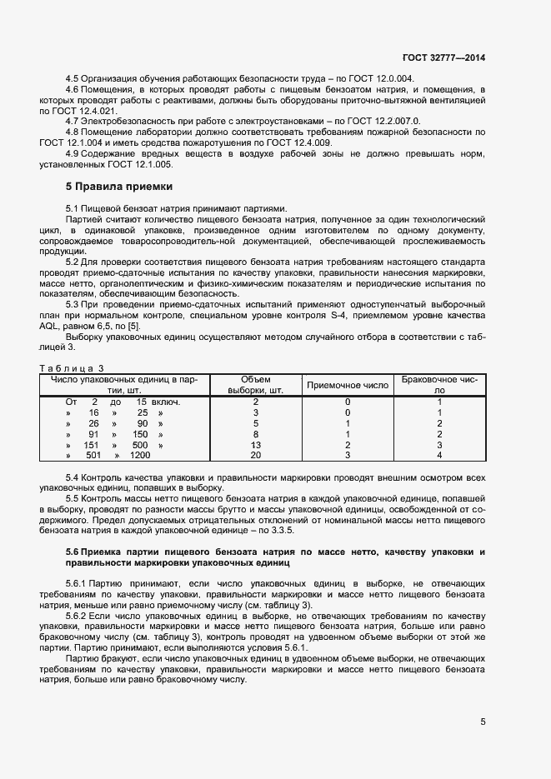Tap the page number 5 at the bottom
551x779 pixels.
point(483,722)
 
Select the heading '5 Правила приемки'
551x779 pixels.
point(118,186)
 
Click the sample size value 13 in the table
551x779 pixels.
point(256,444)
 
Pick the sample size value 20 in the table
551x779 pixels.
point(256,455)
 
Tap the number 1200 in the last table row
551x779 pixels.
point(140,455)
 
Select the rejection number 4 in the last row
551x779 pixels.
point(439,455)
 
